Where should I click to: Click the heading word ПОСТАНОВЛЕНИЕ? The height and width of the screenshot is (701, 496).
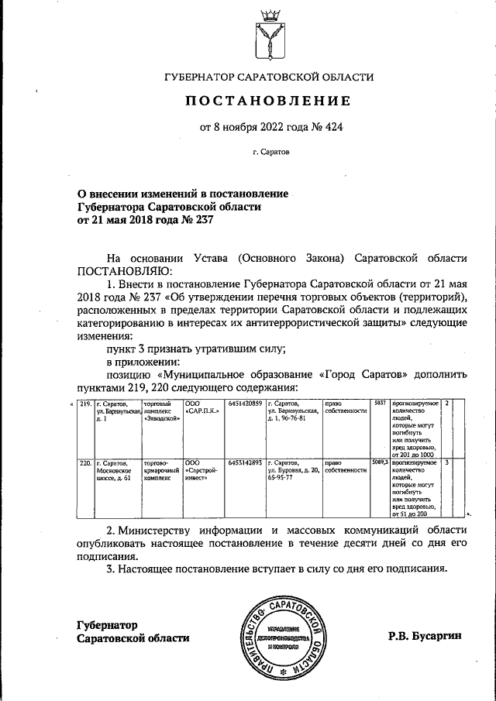[267, 101]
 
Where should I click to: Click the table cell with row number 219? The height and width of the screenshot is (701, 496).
[85, 404]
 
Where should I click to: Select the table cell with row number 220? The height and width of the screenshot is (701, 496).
[85, 462]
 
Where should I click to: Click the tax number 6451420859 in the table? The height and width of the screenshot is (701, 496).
[245, 404]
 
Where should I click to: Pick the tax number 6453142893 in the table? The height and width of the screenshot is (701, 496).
[245, 462]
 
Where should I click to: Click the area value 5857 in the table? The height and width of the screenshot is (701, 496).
[379, 404]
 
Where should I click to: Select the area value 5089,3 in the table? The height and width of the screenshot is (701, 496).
[379, 462]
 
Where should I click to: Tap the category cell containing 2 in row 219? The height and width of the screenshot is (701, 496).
[447, 404]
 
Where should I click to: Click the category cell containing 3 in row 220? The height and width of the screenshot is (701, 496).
[447, 462]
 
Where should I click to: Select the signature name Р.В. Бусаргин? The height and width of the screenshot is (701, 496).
[425, 636]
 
